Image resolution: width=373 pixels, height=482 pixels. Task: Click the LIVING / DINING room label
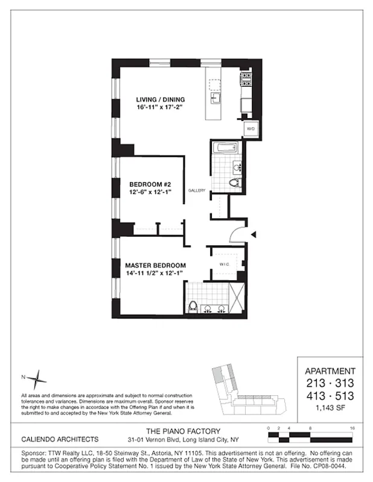(x=160, y=99)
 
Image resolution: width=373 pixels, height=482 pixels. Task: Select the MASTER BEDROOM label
(x=155, y=265)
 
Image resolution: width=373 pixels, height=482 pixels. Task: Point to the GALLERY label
(x=197, y=190)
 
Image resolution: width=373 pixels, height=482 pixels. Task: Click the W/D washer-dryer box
(x=250, y=128)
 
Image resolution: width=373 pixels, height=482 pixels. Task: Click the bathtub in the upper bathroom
(x=228, y=149)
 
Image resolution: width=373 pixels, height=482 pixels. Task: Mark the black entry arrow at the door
(x=255, y=234)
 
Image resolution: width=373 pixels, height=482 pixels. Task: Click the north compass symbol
(x=38, y=379)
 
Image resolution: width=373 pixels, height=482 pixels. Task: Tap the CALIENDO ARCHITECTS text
(x=60, y=439)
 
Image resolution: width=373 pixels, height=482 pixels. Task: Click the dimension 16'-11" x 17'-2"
(x=159, y=108)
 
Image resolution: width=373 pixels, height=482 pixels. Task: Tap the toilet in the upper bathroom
(x=235, y=183)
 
